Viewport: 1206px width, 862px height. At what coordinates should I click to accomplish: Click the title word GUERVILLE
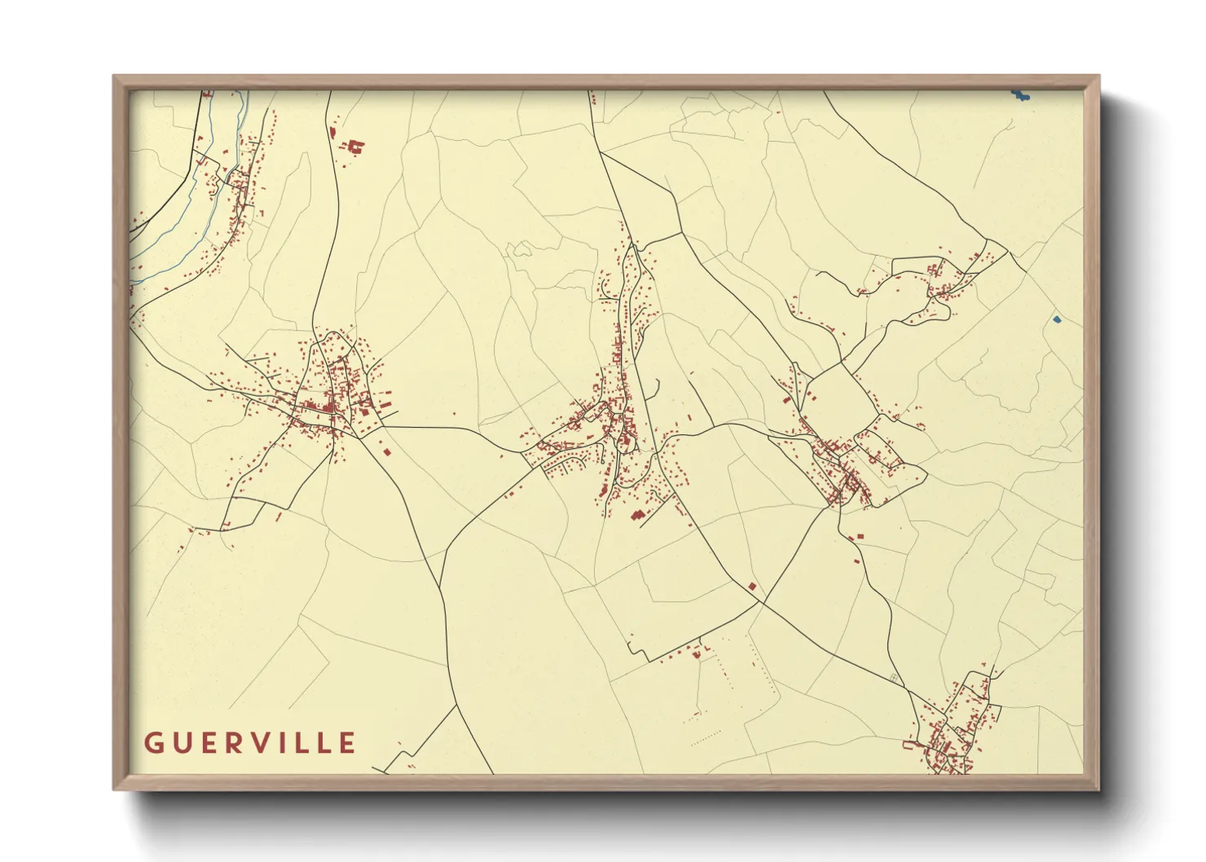[250, 743]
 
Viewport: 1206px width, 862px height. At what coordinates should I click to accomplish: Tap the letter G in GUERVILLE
[153, 743]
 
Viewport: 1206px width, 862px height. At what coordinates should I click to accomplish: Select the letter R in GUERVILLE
[232, 743]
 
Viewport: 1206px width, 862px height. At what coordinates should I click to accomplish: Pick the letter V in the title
[259, 743]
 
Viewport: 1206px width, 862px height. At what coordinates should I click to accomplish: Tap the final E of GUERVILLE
[348, 743]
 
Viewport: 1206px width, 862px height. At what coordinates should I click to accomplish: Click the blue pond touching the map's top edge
[1019, 96]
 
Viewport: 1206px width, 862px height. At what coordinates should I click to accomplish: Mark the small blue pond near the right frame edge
[1057, 319]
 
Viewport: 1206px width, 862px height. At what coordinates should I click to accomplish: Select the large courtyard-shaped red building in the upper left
[356, 147]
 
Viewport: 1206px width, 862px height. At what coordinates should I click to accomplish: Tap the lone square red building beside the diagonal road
[752, 585]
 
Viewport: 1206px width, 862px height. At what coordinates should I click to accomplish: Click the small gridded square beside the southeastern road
[894, 677]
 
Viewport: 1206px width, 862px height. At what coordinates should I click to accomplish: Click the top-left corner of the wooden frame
[114, 77]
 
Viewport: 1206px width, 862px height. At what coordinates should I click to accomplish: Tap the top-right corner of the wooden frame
[1098, 77]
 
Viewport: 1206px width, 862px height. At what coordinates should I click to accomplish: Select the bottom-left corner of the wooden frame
[114, 789]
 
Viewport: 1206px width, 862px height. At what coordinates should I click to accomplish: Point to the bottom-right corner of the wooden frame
[1098, 789]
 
